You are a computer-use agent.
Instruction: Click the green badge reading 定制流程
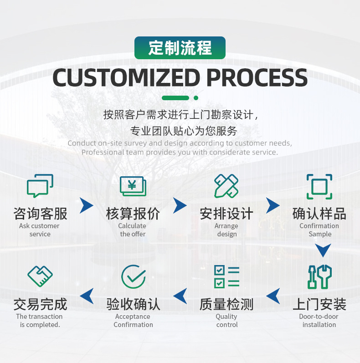point(180,48)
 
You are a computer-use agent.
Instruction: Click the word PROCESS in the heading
point(257,77)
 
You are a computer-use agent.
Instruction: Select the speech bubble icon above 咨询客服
point(40,186)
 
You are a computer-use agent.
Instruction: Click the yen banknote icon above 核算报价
point(133,186)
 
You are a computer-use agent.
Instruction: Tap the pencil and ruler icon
point(226,186)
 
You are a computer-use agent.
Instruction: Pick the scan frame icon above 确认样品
point(319,186)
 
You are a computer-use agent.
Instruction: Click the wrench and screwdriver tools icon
point(319,276)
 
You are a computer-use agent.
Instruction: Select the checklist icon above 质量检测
point(226,276)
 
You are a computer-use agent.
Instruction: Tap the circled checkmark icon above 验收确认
point(133,276)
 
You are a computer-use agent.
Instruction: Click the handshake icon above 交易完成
point(40,276)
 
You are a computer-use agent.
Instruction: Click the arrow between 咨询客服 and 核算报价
point(86,205)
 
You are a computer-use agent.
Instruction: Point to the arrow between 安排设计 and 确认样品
point(273,205)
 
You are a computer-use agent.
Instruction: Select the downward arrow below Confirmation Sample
point(323,250)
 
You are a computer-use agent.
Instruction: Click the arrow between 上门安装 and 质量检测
point(273,296)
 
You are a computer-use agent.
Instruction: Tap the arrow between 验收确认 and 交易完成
point(87,296)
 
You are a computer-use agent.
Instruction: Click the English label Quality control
point(226,321)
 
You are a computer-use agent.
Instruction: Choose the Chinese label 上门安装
point(319,304)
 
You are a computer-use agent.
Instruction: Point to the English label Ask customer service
point(40,230)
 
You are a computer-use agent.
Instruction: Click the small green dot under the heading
point(196,97)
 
